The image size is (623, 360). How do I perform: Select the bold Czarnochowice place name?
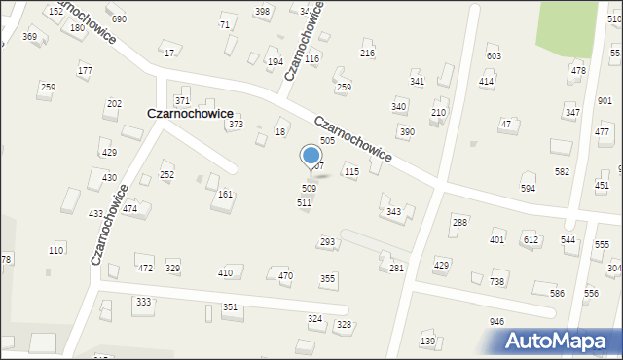[190, 113]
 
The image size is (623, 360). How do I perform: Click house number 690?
[119, 19]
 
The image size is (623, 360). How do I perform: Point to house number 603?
[494, 56]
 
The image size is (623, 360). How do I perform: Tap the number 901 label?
[605, 100]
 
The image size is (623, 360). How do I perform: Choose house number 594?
[529, 188]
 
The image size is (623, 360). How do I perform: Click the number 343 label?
[394, 211]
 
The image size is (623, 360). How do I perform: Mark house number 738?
[496, 281]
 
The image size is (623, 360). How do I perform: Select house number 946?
[496, 321]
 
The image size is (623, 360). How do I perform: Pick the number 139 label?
[427, 341]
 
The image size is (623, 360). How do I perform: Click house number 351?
[230, 306]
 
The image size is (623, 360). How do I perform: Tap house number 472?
[145, 268]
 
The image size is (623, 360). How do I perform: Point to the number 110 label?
[56, 251]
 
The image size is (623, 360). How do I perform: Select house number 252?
[167, 175]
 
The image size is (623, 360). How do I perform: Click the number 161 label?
[225, 195]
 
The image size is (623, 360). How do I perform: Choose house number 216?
[367, 54]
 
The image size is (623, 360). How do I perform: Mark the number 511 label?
[304, 202]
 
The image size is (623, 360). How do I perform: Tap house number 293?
[328, 241]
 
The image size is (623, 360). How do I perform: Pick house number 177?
[86, 71]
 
